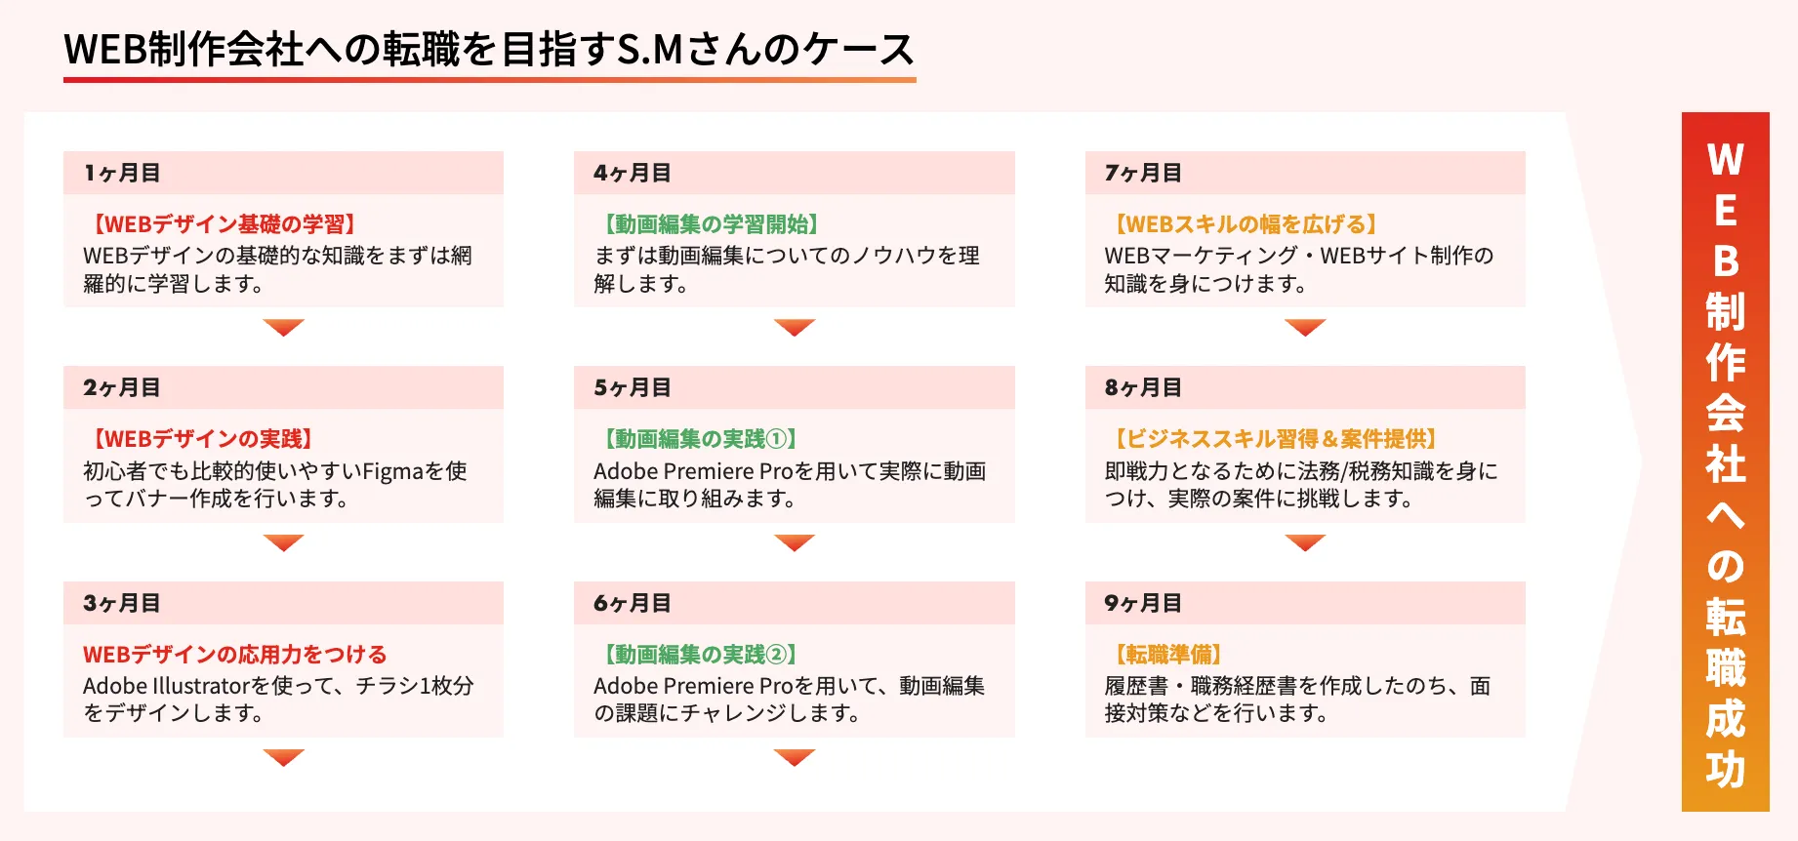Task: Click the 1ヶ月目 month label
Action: coord(122,173)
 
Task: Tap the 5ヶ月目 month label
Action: coord(633,387)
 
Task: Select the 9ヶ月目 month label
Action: coord(1143,603)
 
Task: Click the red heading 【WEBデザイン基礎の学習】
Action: coord(224,224)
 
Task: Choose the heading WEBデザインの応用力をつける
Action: coord(234,654)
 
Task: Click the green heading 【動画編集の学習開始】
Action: coord(710,224)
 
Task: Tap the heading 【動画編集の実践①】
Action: coord(699,439)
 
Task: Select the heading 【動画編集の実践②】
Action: coord(699,654)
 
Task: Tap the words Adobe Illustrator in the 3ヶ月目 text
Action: coord(167,686)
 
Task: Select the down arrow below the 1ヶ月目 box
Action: coord(284,327)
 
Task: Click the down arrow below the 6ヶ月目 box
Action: coord(795,757)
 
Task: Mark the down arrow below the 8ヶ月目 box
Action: coord(1305,542)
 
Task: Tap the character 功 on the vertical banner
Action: coord(1726,770)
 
